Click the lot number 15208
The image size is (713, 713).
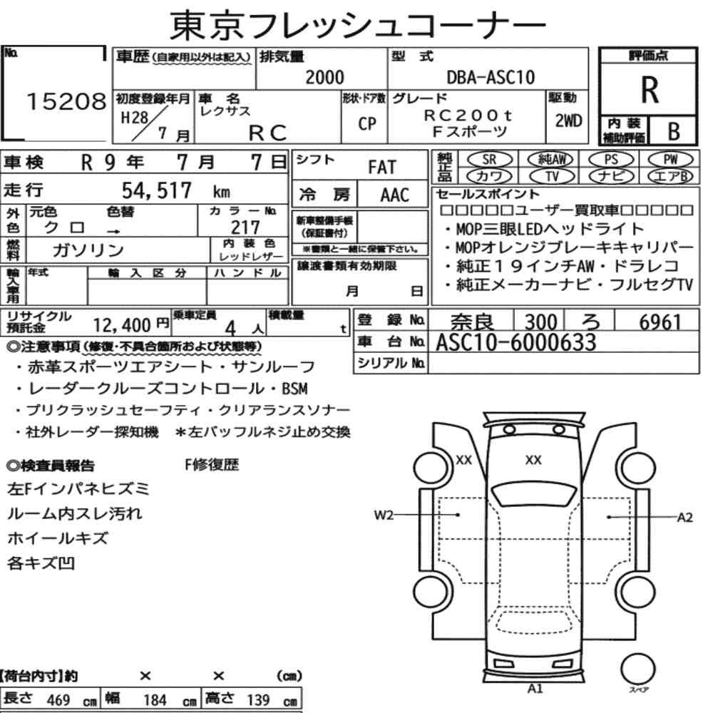coord(66,101)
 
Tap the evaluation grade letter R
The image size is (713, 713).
coord(650,90)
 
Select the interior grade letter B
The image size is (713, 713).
coord(674,131)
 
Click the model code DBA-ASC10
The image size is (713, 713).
coord(491,77)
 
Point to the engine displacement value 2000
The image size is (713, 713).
coord(324,77)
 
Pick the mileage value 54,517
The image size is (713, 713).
coord(156,190)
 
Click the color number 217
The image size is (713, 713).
coord(245,227)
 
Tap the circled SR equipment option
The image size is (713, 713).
coord(490,159)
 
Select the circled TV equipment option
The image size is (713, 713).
coord(552,175)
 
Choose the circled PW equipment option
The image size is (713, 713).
coord(671,159)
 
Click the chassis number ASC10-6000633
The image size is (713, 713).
coord(515,342)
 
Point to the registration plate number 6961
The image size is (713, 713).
coord(660,322)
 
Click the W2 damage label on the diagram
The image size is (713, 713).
coord(384,515)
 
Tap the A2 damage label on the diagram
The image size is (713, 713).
coord(684,518)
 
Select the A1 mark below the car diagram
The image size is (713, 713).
coord(535,689)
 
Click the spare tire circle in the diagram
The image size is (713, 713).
coord(637,669)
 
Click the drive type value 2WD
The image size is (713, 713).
coord(568,120)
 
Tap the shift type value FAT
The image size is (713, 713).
coord(382,167)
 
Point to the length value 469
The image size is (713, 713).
coord(58,700)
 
